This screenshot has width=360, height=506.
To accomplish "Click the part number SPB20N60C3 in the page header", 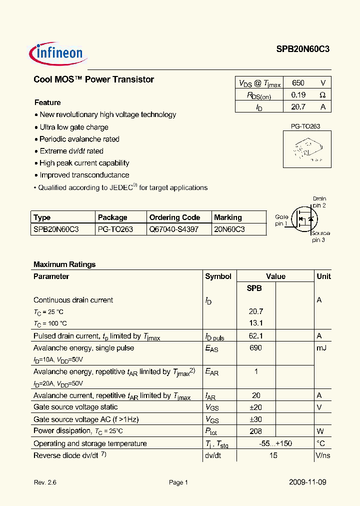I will [x=302, y=49].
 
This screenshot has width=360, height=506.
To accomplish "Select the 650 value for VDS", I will [x=298, y=83].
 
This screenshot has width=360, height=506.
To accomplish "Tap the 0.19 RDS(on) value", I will [x=298, y=94].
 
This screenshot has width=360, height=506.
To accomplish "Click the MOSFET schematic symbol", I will [x=305, y=218].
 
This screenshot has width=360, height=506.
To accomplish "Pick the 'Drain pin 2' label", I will [x=319, y=202].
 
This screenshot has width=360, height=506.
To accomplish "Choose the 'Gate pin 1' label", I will [x=281, y=220].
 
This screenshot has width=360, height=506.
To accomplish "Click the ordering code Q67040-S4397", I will [x=173, y=229].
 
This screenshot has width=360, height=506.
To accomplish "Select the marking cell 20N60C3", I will [x=229, y=229].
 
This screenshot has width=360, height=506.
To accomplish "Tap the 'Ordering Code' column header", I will [x=174, y=217].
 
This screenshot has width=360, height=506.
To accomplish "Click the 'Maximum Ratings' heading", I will [x=64, y=264].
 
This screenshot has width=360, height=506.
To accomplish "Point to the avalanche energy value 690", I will [x=255, y=348].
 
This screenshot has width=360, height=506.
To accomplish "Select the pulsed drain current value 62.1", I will [x=255, y=336].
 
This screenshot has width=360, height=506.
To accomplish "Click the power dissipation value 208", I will [x=255, y=431].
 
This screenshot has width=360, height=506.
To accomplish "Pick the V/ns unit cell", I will [x=322, y=455].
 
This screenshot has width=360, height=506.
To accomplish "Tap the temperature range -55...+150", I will [x=275, y=443].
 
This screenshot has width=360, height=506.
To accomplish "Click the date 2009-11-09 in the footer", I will [x=307, y=482].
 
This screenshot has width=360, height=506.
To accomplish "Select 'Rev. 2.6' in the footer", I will [x=45, y=482].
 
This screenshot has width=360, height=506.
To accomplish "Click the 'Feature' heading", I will [x=47, y=102].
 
